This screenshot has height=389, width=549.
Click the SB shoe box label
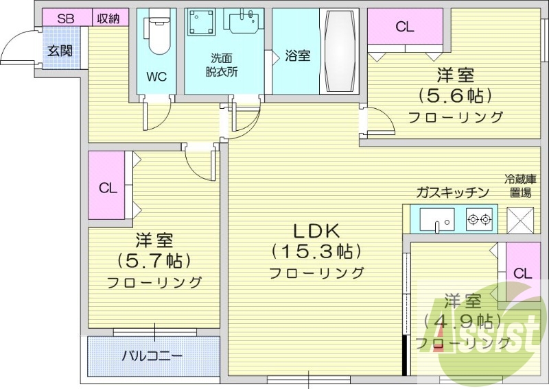pyautogui.click(x=65, y=18)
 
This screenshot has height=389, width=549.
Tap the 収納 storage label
pyautogui.click(x=108, y=18)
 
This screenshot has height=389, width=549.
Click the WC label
pyautogui.click(x=156, y=77)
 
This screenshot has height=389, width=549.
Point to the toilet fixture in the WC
pyautogui.click(x=159, y=34)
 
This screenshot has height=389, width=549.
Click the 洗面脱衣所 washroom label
pyautogui.click(x=222, y=66)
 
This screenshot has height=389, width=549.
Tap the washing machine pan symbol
pyautogui.click(x=202, y=23)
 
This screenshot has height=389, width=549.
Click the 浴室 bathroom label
pyautogui.click(x=297, y=55)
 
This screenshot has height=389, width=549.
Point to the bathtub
pyautogui.click(x=338, y=51)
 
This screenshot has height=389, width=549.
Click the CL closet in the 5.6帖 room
pyautogui.click(x=405, y=27)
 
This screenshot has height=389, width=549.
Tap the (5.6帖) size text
pyautogui.click(x=456, y=95)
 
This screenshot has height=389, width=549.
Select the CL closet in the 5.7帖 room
pyautogui.click(x=107, y=188)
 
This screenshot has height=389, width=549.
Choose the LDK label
pyautogui.click(x=318, y=230)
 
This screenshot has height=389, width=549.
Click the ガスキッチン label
pyautogui.click(x=452, y=192)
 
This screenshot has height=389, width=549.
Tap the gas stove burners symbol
pyautogui.click(x=478, y=220)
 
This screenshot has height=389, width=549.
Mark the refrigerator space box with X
pyautogui.click(x=519, y=219)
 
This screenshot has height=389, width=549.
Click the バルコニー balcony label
pyautogui.click(x=152, y=356)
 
